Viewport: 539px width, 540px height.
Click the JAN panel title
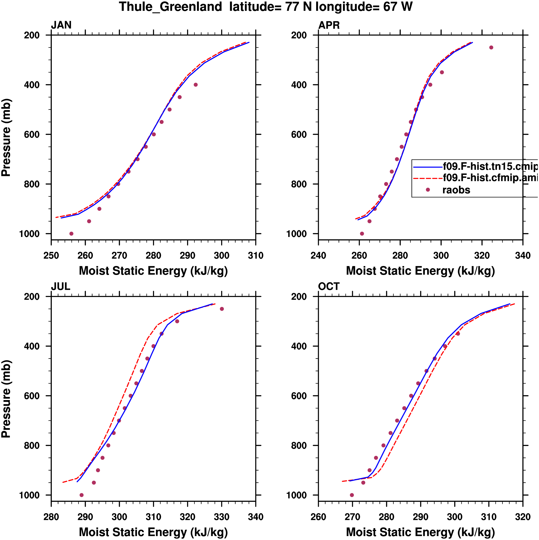(61, 25)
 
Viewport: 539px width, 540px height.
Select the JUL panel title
(61, 287)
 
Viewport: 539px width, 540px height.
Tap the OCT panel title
(329, 287)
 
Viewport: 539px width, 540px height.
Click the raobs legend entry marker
(428, 190)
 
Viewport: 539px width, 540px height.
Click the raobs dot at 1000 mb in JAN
(72, 234)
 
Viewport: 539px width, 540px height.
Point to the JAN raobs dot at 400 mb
(196, 85)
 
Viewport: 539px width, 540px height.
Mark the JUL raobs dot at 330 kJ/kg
(222, 309)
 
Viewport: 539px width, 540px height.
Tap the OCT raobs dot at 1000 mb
(352, 495)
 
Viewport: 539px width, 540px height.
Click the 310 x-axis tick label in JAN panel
(256, 255)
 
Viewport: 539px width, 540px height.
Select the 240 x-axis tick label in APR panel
(318, 255)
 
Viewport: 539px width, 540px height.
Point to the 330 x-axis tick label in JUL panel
(222, 517)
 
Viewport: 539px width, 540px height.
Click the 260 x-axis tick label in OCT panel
(318, 517)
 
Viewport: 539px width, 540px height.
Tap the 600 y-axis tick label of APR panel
(299, 134)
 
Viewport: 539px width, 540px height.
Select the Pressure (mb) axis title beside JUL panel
(6, 399)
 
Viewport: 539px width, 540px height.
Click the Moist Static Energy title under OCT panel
(420, 532)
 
